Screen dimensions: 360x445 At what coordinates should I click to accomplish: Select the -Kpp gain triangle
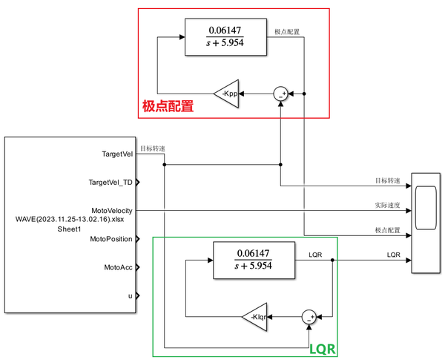click(227, 94)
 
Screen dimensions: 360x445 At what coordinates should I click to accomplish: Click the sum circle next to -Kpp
click(281, 94)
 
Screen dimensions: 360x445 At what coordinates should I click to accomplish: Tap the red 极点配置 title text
click(168, 106)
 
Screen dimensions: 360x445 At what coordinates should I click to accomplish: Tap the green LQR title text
click(323, 347)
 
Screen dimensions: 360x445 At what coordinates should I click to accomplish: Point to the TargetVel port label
click(117, 154)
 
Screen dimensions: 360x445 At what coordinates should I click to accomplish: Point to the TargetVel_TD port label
click(111, 182)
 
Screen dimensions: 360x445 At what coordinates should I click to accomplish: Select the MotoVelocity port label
click(111, 211)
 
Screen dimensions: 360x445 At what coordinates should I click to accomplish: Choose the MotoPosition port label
click(111, 239)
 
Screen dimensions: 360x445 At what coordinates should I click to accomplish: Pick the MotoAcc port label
click(118, 267)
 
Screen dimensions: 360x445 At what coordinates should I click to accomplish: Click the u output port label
click(130, 295)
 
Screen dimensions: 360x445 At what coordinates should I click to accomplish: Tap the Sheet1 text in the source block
click(69, 229)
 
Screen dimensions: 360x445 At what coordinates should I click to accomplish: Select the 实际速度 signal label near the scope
click(387, 205)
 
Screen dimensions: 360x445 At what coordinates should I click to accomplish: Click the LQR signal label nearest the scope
click(393, 255)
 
